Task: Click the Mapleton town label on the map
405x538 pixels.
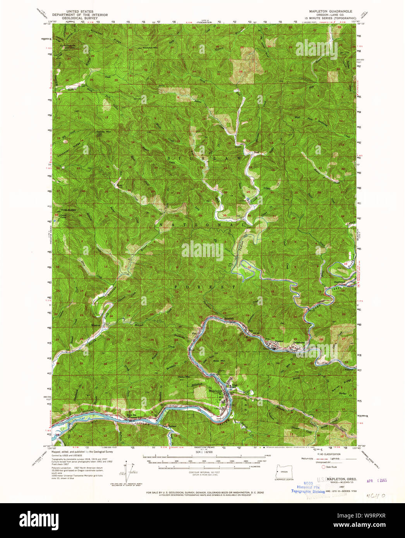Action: click(216, 391)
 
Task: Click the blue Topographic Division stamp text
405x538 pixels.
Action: click(308, 491)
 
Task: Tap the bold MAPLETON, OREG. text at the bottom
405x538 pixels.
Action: click(342, 479)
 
